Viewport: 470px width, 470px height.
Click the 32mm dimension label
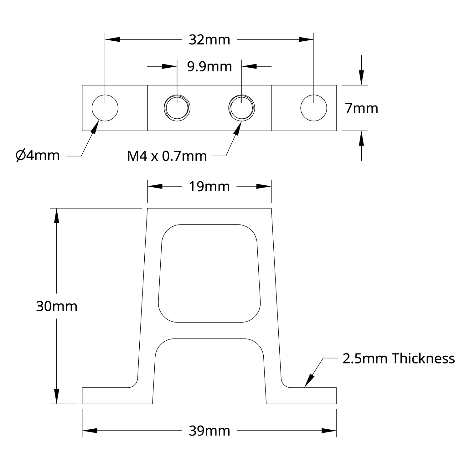pyautogui.click(x=209, y=40)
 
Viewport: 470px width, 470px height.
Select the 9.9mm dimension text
pyautogui.click(x=209, y=67)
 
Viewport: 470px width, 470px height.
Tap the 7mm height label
pyautogui.click(x=361, y=108)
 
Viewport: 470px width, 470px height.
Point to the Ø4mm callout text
pyautogui.click(x=38, y=155)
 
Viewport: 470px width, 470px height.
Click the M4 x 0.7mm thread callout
pyautogui.click(x=167, y=156)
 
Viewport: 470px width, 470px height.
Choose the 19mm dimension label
pyautogui.click(x=209, y=187)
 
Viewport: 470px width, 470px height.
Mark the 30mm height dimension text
pyautogui.click(x=57, y=306)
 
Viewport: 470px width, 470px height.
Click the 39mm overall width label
pyautogui.click(x=209, y=431)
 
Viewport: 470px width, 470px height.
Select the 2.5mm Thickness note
pyautogui.click(x=398, y=359)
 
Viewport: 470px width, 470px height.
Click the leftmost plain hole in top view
pyautogui.click(x=105, y=108)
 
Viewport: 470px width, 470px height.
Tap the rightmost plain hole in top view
pyautogui.click(x=313, y=108)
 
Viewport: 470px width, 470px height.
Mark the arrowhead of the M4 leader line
pyautogui.click(x=238, y=128)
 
